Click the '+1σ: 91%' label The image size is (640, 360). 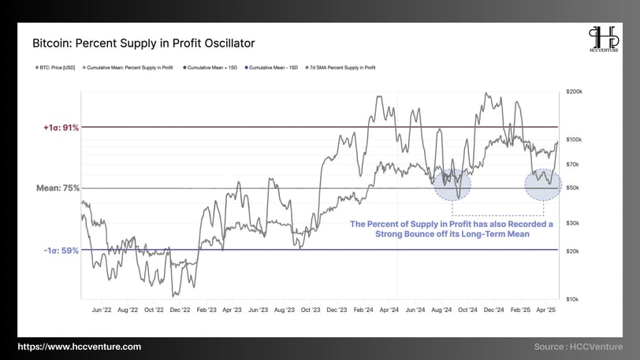[x=55, y=127]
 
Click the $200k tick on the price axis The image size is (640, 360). [x=575, y=92]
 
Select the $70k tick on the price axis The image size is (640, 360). [x=573, y=164]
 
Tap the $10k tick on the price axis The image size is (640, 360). [x=573, y=299]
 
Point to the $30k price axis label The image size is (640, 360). [x=573, y=223]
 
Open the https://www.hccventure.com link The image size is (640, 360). [x=80, y=347]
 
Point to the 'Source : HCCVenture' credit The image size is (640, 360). [x=578, y=347]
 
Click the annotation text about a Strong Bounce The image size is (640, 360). [x=452, y=229]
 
